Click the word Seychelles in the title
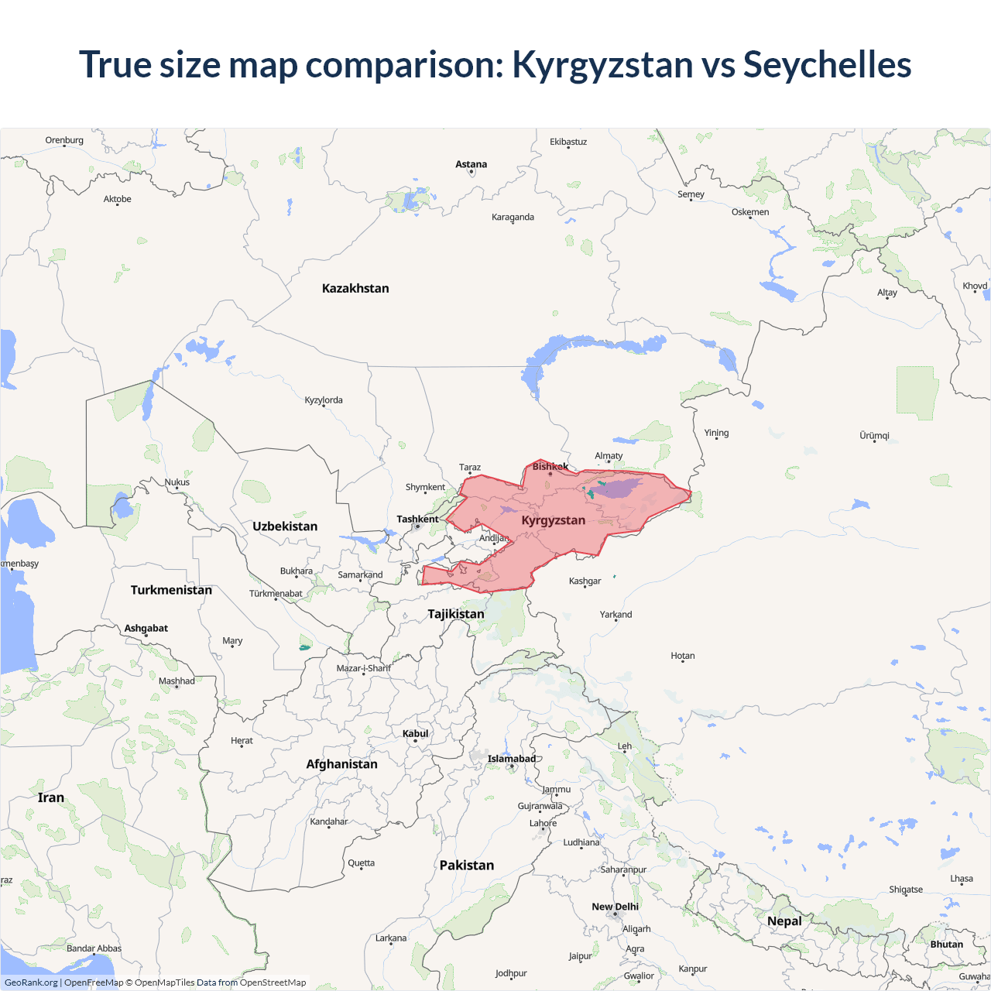coord(827,64)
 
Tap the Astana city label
coord(471,164)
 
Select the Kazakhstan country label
coord(355,288)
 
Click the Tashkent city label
coord(417,519)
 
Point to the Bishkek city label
coord(550,466)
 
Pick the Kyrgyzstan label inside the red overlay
coord(553,520)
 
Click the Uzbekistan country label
coord(285,526)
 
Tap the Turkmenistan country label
coord(171,590)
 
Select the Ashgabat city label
coord(146,628)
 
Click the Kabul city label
coord(415,733)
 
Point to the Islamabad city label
coord(511,759)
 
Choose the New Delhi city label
coord(616,907)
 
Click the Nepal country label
coord(784,921)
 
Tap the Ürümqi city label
coord(874,435)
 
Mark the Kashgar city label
coord(585,581)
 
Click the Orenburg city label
coord(64,140)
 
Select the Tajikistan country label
coord(456,614)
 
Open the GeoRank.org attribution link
coord(31,982)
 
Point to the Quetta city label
coord(361,862)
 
